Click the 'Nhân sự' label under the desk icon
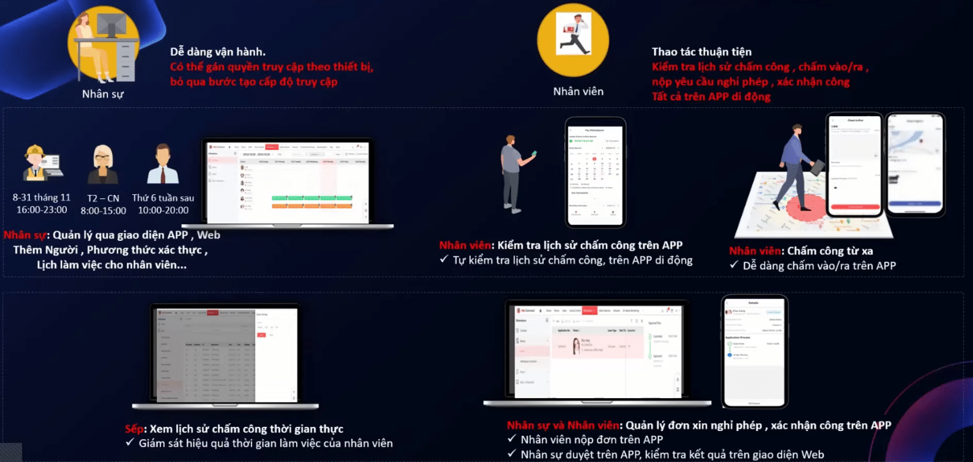click(103, 94)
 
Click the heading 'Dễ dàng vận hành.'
click(218, 52)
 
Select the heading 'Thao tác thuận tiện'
click(701, 52)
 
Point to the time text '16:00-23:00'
click(42, 210)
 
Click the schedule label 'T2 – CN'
click(103, 198)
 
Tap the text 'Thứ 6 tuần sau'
click(163, 198)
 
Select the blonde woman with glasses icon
click(103, 164)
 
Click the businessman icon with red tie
click(163, 164)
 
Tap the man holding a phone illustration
click(513, 173)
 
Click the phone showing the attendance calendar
click(595, 173)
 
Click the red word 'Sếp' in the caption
click(134, 429)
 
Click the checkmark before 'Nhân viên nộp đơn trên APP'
click(512, 439)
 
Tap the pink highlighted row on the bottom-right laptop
click(597, 346)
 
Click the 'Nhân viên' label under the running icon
click(578, 91)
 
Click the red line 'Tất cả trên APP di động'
click(710, 97)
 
